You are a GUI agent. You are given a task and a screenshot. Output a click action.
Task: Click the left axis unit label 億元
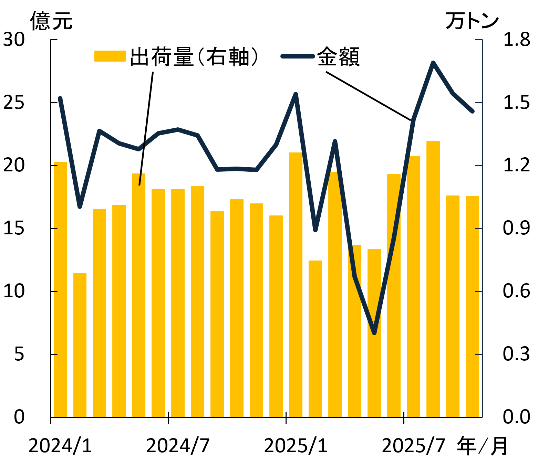coord(51,21)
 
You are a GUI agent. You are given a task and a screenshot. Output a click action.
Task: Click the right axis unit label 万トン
coord(472,21)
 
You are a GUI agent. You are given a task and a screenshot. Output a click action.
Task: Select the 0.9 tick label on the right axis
coord(516,228)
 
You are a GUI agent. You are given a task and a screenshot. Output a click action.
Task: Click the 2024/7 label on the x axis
coord(178,446)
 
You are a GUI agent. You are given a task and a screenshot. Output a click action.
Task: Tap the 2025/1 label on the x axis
coord(296,446)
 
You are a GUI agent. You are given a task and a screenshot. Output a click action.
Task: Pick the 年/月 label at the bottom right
coord(482,446)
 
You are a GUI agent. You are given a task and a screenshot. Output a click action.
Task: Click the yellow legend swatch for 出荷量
coord(110,56)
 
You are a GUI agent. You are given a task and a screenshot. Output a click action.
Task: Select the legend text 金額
coord(338,57)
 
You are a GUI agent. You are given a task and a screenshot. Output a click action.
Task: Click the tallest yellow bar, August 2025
coord(433,279)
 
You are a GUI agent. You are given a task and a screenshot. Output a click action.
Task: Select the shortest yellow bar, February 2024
coord(80,344)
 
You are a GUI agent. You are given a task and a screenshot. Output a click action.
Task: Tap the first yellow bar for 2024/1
coord(60,289)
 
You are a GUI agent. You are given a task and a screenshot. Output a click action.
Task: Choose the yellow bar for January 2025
coord(296,284)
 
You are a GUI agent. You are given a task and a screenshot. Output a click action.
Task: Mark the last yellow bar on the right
coord(472,306)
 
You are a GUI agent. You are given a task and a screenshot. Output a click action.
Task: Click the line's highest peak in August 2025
coord(433,63)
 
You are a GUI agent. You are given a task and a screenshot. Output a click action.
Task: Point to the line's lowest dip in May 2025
coord(374,333)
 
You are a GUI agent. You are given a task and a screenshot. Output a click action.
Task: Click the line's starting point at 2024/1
coord(60,98)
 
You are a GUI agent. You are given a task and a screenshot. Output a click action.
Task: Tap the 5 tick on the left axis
coord(19,354)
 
